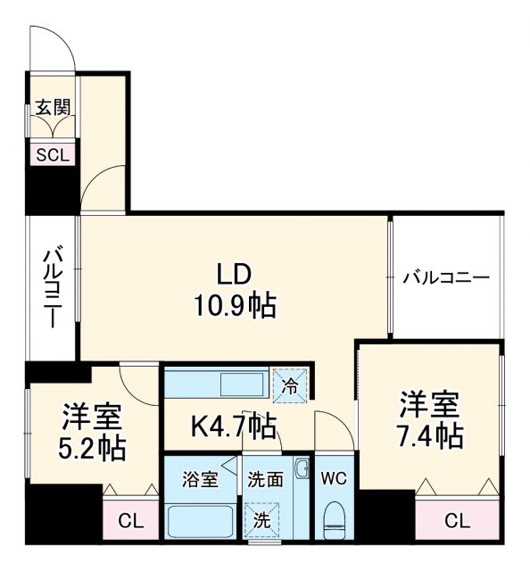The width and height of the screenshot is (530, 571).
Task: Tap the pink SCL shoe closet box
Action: tap(53, 153)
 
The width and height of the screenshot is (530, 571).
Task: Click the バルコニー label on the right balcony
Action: tap(445, 277)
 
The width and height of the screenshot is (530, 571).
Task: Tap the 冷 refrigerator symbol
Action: tap(291, 387)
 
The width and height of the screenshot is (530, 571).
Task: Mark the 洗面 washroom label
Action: tap(266, 480)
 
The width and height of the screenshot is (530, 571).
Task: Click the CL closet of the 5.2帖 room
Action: tap(130, 518)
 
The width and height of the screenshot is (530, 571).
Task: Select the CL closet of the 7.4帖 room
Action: tap(457, 519)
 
